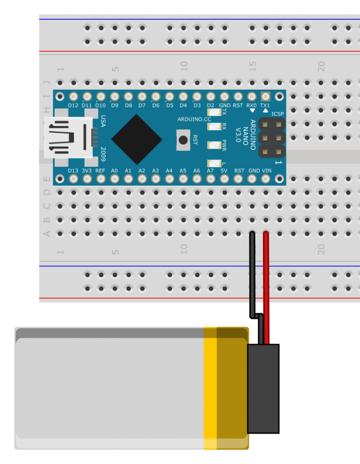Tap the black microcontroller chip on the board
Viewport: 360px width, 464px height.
click(x=136, y=139)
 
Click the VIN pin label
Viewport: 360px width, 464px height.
click(x=266, y=171)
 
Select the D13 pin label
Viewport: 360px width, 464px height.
click(x=73, y=171)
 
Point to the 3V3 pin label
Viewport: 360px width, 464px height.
click(x=87, y=171)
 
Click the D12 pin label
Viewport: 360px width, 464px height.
click(x=73, y=105)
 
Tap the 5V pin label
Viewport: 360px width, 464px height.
click(x=224, y=171)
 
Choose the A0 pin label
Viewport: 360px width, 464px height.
click(x=114, y=171)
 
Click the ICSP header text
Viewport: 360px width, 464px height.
click(x=277, y=114)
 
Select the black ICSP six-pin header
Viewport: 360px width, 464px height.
click(x=272, y=138)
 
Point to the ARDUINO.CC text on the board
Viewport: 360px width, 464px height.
click(x=194, y=120)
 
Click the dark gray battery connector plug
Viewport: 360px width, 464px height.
click(x=263, y=388)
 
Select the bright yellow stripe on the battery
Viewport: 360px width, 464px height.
click(x=210, y=388)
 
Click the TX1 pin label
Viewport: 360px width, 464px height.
click(x=265, y=105)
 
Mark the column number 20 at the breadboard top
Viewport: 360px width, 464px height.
click(x=321, y=67)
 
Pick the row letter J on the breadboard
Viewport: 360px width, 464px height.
click(x=46, y=82)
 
